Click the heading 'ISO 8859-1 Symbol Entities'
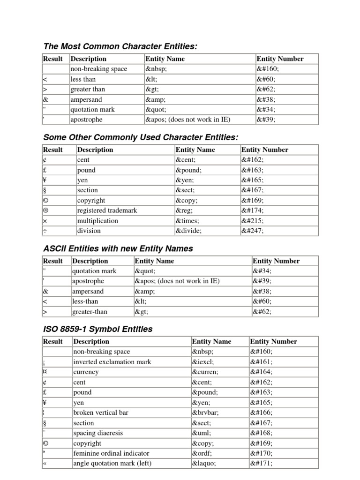[97, 329]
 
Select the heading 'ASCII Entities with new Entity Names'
[118, 248]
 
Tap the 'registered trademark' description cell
[107, 210]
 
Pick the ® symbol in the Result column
[45, 210]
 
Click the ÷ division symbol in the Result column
[45, 231]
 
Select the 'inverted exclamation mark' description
[112, 362]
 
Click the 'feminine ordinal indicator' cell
[111, 453]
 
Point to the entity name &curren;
[205, 372]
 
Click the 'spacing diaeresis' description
[98, 433]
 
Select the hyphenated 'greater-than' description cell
[89, 311]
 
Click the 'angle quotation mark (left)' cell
[112, 464]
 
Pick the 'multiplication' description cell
[97, 221]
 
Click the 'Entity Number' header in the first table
[280, 59]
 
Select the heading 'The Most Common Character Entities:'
[120, 46]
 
